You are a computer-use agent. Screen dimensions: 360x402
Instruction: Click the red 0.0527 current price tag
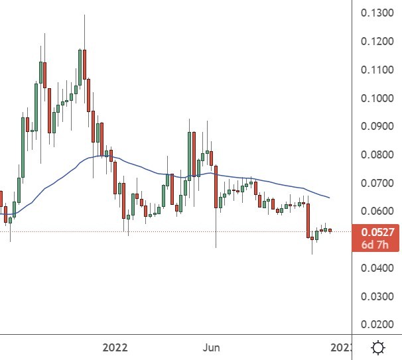tap(379, 232)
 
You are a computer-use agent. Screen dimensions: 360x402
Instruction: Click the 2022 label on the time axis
tap(115, 347)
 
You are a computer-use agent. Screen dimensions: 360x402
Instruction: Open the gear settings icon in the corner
tap(378, 347)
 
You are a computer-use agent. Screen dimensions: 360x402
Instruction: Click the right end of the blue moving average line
tap(330, 198)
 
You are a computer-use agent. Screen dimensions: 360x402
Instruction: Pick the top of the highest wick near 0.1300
tap(85, 15)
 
